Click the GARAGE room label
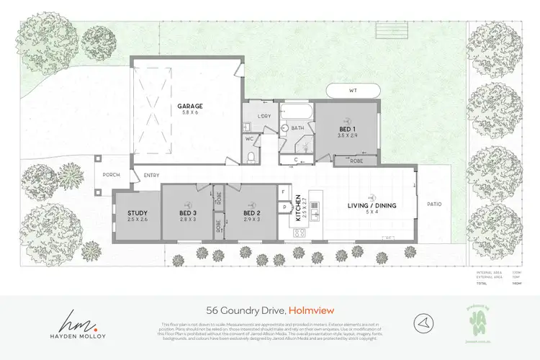pos(190,106)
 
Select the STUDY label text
pos(138,213)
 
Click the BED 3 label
pos(189,213)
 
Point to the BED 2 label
pos(251,213)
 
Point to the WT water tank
pos(353,91)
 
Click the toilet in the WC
pos(250,157)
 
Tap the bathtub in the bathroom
pos(294,112)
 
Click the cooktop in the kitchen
pos(299,233)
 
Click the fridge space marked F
pos(284,192)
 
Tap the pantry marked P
pos(284,207)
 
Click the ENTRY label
pos(151,175)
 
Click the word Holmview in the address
pos(310,310)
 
